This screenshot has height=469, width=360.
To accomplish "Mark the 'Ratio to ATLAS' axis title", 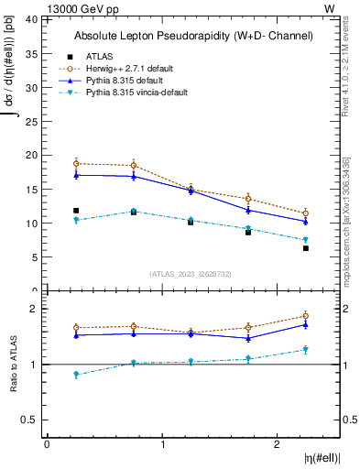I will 15,365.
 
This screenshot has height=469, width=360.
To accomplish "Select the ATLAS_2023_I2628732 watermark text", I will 190,273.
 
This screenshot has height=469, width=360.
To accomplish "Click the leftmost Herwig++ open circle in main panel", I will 76,163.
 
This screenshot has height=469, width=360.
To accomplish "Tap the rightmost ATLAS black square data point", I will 306,248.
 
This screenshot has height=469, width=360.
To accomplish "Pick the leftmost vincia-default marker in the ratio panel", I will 76,375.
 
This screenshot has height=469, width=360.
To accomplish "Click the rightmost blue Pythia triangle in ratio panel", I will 306,324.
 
